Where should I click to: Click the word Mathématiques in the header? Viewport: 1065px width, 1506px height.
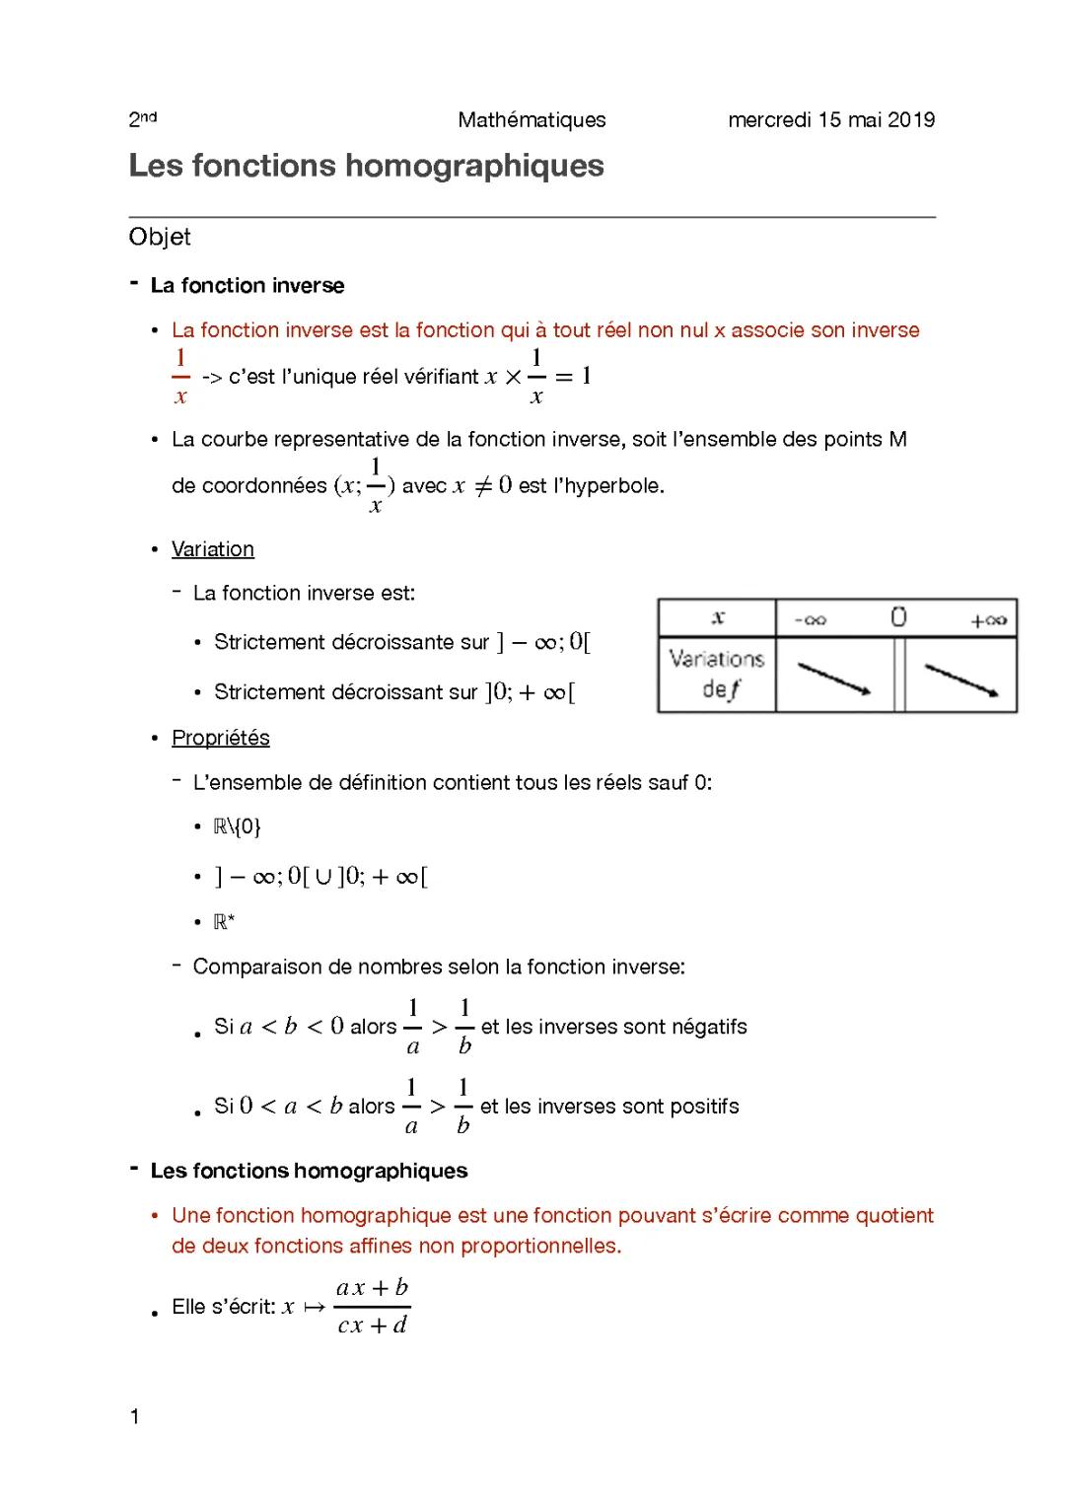532,120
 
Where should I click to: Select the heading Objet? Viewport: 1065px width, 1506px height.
160,237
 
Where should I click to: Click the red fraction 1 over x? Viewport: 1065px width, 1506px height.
180,376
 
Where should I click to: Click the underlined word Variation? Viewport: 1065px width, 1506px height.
213,549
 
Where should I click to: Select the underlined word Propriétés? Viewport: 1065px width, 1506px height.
221,738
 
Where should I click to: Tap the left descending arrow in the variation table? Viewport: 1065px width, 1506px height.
833,678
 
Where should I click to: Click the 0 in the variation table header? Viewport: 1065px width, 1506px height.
898,617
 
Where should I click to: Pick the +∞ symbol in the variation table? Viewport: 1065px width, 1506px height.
988,620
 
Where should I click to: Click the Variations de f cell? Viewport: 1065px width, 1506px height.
717,675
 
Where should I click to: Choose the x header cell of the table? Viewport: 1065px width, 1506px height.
718,617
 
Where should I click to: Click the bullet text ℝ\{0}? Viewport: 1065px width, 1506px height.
237,826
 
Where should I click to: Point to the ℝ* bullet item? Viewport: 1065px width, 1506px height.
224,922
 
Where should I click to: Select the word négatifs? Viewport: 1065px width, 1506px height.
709,1027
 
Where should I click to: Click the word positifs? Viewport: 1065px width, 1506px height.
704,1107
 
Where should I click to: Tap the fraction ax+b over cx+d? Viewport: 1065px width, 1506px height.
372,1306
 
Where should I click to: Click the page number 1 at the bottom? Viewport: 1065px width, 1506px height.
135,1417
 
